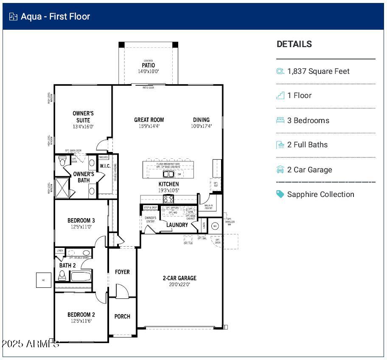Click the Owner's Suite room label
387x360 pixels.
click(83, 117)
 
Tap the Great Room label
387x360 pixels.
click(149, 120)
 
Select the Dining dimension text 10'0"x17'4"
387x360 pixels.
click(201, 126)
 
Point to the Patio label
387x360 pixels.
click(148, 65)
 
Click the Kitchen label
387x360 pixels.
click(168, 184)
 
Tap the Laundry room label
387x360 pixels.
click(177, 225)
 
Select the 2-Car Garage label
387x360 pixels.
click(179, 278)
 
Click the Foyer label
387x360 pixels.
click(122, 272)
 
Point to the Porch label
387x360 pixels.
click(122, 316)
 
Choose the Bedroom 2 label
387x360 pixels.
click(81, 315)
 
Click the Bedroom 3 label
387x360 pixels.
click(81, 220)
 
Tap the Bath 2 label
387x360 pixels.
click(67, 265)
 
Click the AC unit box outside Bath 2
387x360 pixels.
click(43, 280)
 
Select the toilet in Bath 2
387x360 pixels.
click(62, 276)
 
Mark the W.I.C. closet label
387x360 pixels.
click(105, 166)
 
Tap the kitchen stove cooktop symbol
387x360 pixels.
click(168, 199)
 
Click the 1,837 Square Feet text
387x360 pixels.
click(318, 71)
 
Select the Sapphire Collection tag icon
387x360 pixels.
click(280, 194)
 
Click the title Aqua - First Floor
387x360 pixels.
click(55, 17)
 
